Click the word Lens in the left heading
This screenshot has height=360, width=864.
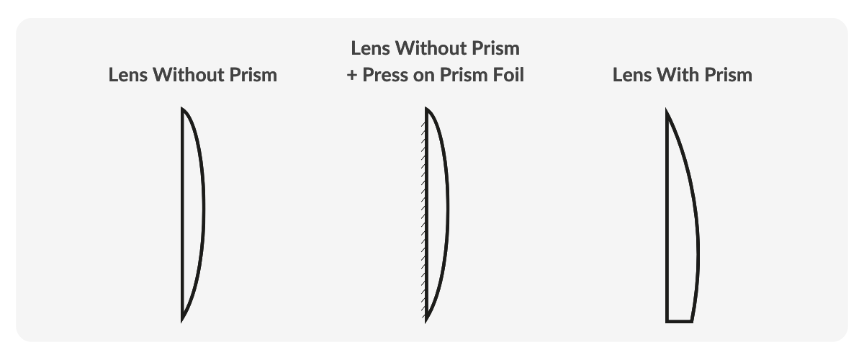tap(127, 74)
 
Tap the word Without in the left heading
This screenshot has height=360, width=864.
tap(188, 74)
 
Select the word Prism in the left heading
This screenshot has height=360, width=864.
tap(253, 74)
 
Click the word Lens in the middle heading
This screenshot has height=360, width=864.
tap(370, 48)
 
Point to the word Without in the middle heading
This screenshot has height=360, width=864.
tap(431, 48)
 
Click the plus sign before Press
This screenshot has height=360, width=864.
tap(351, 76)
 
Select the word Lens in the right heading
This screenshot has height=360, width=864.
tap(632, 74)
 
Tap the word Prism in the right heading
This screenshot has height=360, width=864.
tap(728, 74)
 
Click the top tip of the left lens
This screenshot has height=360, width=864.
tap(182, 108)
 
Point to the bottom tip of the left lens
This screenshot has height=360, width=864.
tap(182, 321)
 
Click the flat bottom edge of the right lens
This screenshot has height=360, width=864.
tap(680, 321)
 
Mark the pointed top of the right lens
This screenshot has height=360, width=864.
tap(667, 109)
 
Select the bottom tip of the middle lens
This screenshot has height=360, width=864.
tap(426, 321)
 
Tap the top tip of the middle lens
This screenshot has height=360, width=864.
tap(426, 108)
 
